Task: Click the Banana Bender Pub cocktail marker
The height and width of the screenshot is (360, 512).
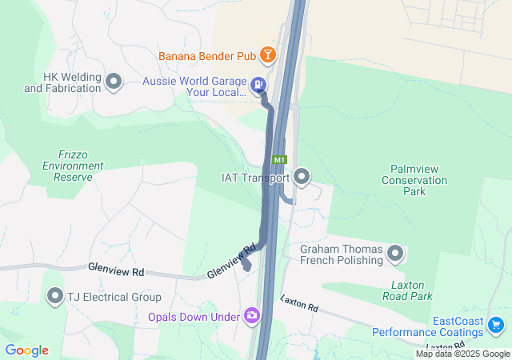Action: click(x=268, y=55)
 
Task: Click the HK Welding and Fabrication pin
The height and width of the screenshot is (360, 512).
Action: click(x=114, y=81)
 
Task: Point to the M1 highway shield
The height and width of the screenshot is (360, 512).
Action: click(x=280, y=160)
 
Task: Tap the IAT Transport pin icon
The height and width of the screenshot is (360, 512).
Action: click(x=302, y=176)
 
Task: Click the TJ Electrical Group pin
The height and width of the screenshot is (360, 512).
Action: click(x=55, y=297)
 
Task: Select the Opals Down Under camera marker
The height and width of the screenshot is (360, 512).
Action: click(x=253, y=317)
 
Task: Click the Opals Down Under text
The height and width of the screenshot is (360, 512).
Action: click(x=194, y=317)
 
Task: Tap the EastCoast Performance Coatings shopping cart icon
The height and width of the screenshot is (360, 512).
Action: click(x=496, y=326)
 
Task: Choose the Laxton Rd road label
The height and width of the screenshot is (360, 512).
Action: click(x=298, y=303)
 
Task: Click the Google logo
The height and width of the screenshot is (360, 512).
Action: click(x=26, y=350)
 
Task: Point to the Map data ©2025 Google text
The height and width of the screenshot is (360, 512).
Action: click(x=462, y=354)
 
